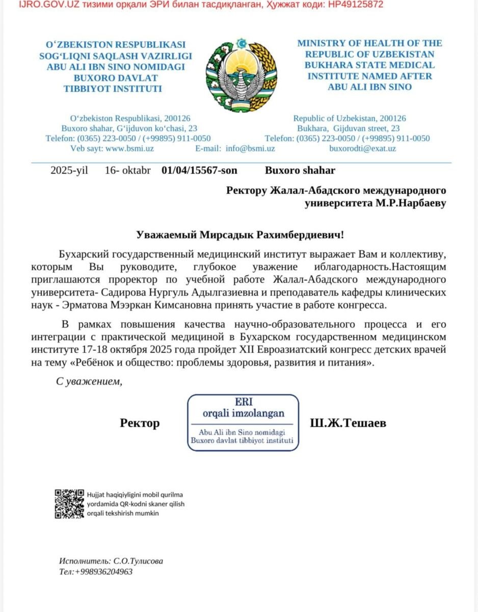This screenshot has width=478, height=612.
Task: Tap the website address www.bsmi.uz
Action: (129, 148)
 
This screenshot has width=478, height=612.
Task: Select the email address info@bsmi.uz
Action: (250, 148)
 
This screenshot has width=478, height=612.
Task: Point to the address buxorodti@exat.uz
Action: (362, 148)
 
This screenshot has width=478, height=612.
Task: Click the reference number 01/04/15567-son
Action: (199, 170)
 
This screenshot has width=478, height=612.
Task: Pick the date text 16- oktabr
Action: (127, 170)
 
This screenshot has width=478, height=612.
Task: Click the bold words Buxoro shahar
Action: (300, 170)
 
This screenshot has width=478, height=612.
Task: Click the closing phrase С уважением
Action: (89, 381)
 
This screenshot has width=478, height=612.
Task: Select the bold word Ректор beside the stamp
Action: (140, 423)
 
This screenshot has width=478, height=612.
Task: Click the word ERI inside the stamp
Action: (243, 401)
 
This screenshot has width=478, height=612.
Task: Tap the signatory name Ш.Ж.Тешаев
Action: (348, 423)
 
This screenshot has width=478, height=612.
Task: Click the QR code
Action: (69, 503)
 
